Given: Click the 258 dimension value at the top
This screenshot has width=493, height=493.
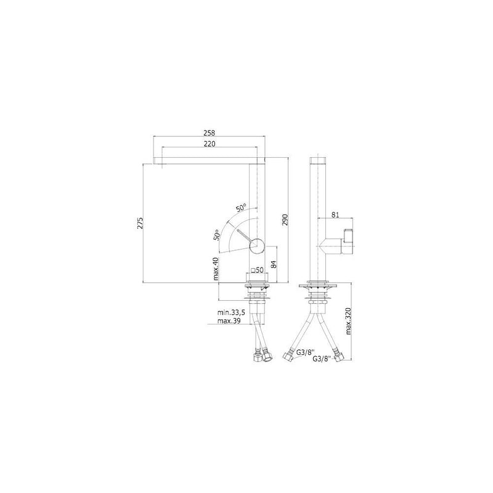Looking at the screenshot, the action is (209, 133).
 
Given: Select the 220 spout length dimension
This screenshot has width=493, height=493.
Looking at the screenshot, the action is (210, 144).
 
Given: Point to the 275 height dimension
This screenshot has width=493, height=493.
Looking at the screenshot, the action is (141, 222).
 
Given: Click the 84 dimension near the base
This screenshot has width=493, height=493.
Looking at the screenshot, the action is (274, 264).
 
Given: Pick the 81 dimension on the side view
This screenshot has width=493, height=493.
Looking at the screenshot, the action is (335, 214).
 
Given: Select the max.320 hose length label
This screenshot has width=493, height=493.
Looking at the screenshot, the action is (348, 321).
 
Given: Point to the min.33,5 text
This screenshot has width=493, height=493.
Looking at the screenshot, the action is (231, 312).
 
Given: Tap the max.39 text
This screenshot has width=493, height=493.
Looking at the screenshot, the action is (229, 321).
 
